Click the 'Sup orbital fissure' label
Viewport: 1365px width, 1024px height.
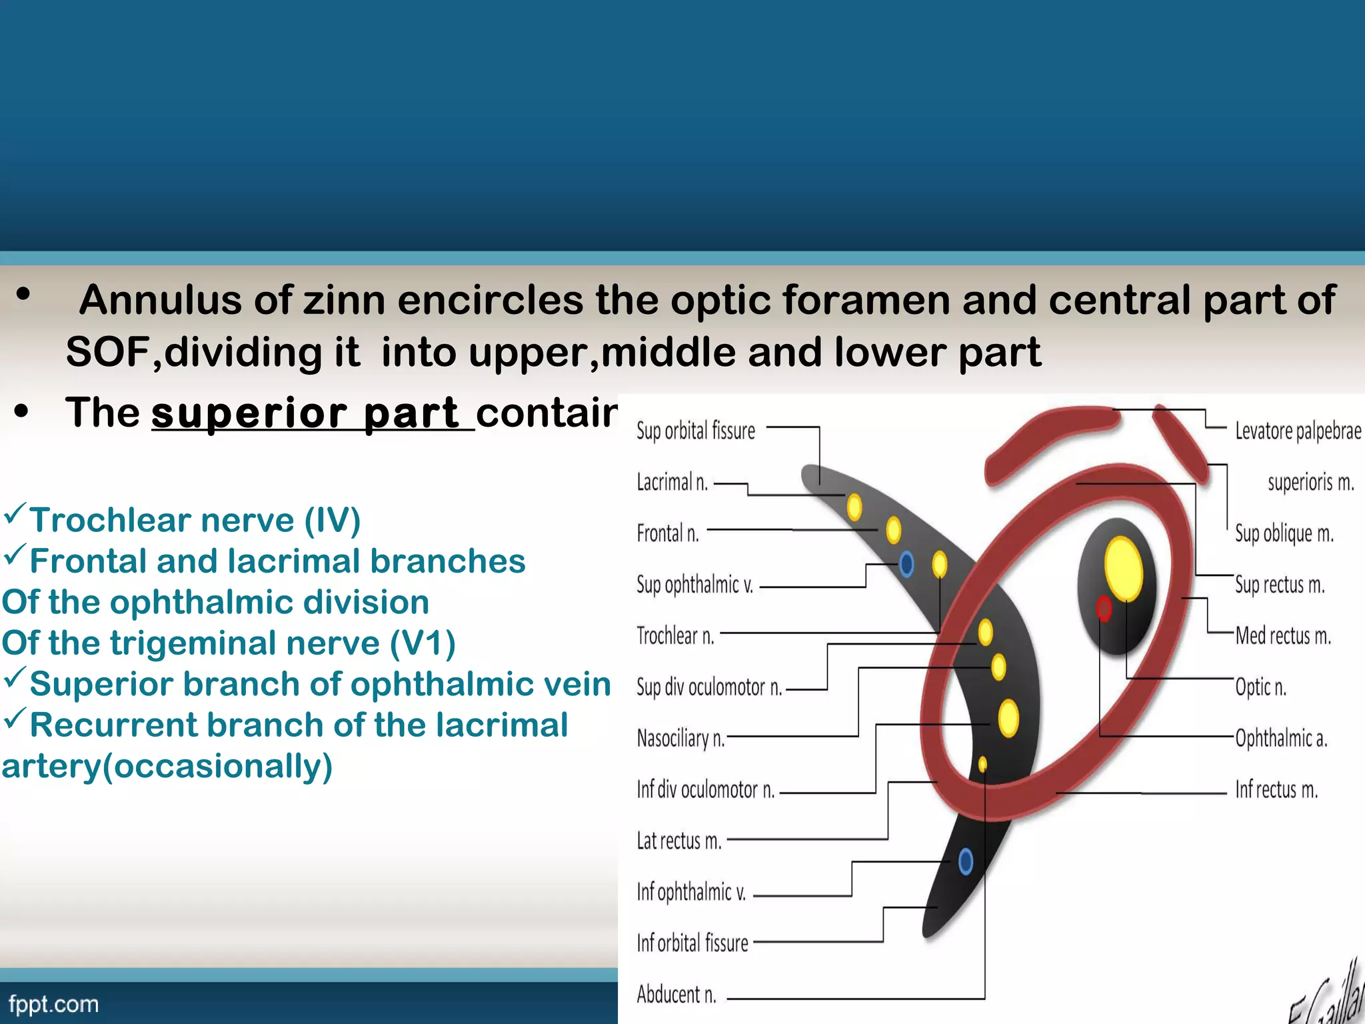(695, 431)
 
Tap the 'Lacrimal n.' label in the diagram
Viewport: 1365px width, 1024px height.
(672, 482)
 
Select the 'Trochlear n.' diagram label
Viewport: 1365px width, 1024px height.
(675, 636)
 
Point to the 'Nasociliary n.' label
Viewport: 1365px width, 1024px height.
(681, 739)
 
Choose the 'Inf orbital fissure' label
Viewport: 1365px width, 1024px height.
(692, 943)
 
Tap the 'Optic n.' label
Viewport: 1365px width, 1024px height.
(1260, 687)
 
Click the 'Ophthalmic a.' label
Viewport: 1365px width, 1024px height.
(1281, 738)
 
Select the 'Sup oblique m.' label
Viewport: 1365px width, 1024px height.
(1284, 533)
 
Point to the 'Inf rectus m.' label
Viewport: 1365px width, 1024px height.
(1276, 790)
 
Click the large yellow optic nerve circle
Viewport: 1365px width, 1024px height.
(1124, 568)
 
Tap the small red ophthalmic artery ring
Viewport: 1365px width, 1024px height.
(1104, 608)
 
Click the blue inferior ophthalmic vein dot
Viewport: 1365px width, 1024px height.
(966, 861)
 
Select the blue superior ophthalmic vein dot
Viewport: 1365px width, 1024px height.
(906, 565)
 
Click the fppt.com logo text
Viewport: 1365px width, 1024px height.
(53, 1004)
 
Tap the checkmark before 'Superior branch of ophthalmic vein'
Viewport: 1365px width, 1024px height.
(15, 679)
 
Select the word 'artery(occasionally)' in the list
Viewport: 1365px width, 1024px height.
(167, 766)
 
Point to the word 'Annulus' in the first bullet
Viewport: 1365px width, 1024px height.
(160, 300)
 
